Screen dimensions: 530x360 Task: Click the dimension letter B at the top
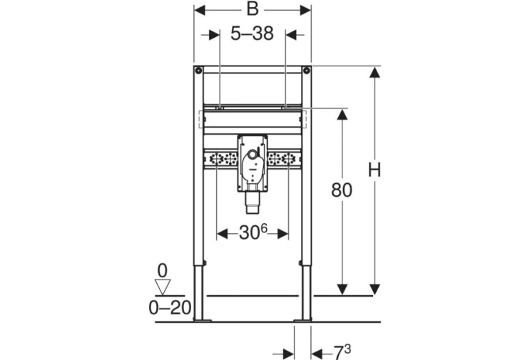(x=253, y=9)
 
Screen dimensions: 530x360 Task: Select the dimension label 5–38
(x=252, y=34)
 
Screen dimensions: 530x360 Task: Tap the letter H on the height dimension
(x=374, y=170)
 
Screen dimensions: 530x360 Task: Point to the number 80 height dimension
(x=342, y=190)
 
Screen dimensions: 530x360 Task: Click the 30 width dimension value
(x=249, y=233)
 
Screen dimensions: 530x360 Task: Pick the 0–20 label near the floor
(x=170, y=308)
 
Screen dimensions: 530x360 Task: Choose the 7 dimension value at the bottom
(x=338, y=354)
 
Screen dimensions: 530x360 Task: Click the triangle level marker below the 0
(x=163, y=287)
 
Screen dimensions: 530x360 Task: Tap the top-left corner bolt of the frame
(x=198, y=71)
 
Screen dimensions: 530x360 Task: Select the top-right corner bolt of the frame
(x=306, y=71)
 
